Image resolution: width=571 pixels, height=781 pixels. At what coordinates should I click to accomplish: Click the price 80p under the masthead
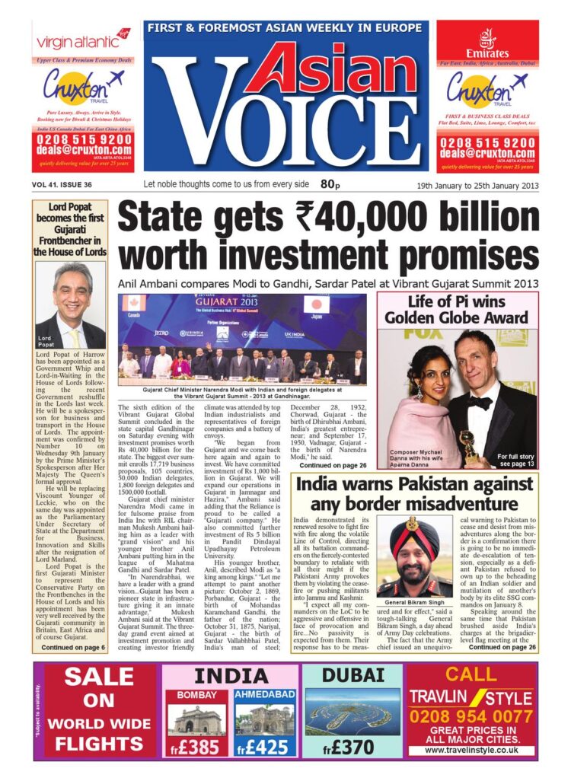click(x=330, y=183)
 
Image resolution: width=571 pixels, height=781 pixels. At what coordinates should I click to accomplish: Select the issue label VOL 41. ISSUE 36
click(x=63, y=185)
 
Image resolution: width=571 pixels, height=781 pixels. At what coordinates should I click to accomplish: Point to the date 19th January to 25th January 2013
click(x=477, y=185)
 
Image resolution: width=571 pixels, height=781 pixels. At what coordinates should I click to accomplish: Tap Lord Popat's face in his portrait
click(x=74, y=290)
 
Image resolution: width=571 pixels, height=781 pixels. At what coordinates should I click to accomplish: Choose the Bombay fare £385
click(x=196, y=747)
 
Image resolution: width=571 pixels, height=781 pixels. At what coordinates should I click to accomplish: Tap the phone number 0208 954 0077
click(x=471, y=716)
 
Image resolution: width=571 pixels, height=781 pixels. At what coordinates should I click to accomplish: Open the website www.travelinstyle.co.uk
click(x=471, y=750)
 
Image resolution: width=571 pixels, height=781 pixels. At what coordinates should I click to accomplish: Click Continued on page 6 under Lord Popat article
click(x=73, y=648)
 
